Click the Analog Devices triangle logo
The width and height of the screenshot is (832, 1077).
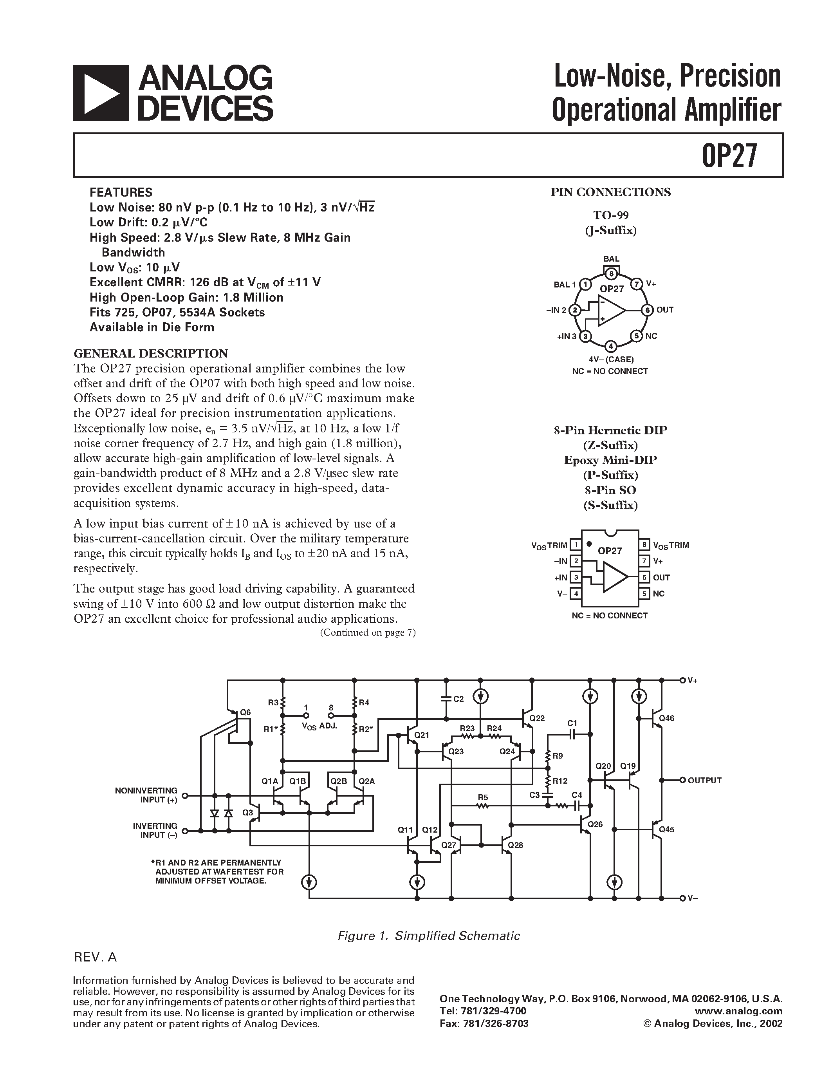point(101,93)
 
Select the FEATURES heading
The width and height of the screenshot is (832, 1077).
point(121,192)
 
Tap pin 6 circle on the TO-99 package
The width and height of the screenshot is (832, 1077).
point(647,310)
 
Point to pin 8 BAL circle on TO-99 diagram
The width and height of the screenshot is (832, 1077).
point(611,274)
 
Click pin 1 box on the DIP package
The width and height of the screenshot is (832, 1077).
point(575,545)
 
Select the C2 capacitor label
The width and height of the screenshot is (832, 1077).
point(458,699)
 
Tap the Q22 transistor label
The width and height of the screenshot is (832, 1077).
point(537,718)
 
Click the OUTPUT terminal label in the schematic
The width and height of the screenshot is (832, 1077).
point(704,780)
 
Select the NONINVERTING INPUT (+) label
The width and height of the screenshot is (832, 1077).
point(146,795)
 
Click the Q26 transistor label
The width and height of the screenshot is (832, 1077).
point(596,824)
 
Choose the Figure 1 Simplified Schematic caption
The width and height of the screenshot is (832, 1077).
point(428,936)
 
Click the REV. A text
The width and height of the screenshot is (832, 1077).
point(95,957)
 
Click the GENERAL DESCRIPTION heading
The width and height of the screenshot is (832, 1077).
point(150,353)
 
